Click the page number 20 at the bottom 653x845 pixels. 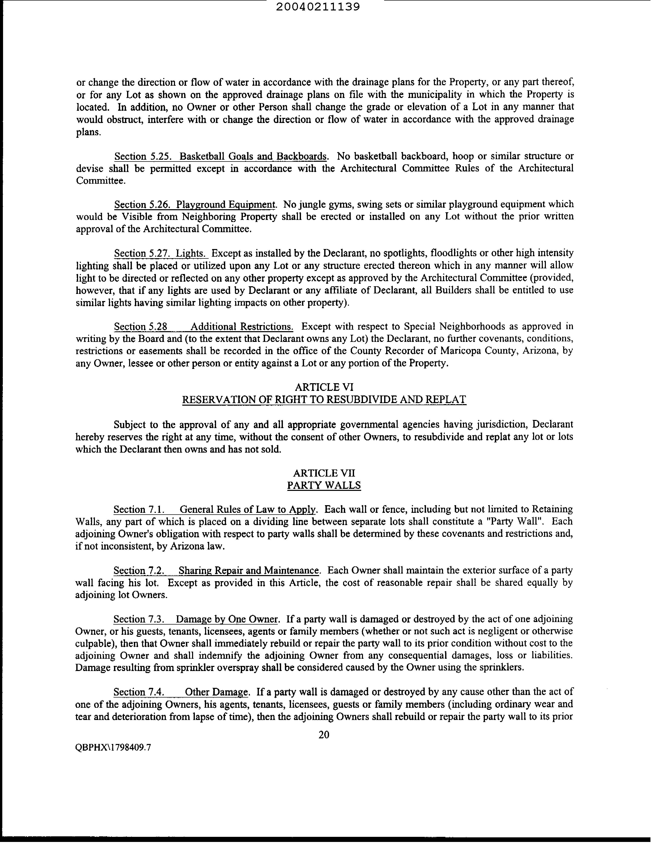324,734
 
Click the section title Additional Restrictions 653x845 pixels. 242,327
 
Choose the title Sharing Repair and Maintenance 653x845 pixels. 249,570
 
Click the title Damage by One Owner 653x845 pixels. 227,619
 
